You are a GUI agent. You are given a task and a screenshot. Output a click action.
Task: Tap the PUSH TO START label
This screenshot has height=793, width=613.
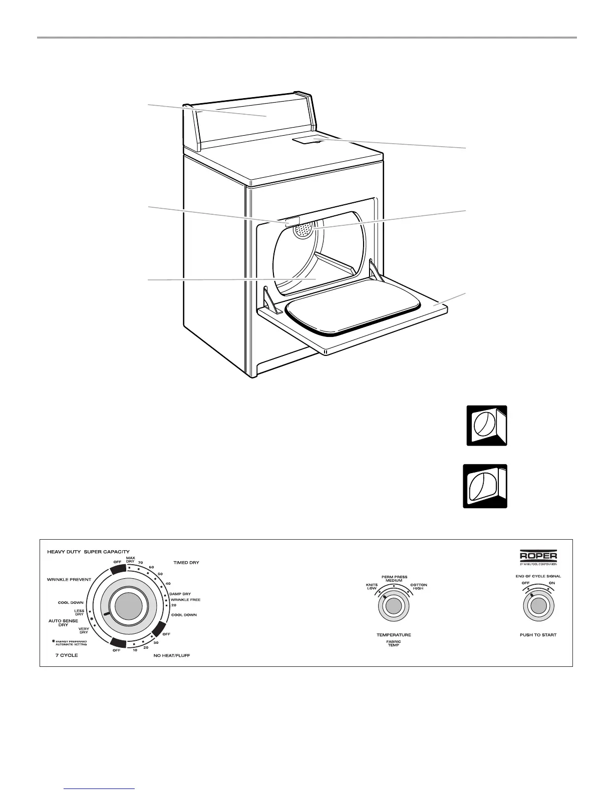click(x=538, y=635)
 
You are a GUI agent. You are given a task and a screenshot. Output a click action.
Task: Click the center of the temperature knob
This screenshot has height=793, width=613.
click(x=394, y=606)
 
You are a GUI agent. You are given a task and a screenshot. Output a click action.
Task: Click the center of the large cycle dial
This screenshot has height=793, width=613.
click(x=129, y=608)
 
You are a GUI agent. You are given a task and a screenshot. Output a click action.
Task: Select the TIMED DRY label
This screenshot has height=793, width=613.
click(x=186, y=563)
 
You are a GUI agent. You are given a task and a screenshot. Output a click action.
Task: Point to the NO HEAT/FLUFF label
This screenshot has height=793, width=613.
click(x=172, y=655)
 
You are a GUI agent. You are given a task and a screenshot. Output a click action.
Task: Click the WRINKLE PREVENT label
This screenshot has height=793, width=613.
click(x=69, y=579)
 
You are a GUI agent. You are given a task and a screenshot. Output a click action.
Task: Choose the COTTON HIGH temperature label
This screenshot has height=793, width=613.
click(x=418, y=586)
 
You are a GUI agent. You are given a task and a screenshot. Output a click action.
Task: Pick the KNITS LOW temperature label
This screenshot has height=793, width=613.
click(x=372, y=586)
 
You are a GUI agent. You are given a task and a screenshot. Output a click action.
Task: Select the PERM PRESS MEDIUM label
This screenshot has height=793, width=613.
click(x=394, y=579)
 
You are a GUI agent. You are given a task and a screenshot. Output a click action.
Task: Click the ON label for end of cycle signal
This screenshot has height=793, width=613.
click(x=552, y=583)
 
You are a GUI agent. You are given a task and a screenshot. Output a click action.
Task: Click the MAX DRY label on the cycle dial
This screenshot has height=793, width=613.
click(x=130, y=560)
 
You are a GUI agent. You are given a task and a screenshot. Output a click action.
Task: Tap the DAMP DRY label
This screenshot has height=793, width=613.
click(x=180, y=594)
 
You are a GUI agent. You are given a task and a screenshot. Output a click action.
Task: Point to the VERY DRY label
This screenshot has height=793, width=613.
click(x=84, y=630)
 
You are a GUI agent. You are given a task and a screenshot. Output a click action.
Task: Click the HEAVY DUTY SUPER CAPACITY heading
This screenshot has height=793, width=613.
click(x=88, y=552)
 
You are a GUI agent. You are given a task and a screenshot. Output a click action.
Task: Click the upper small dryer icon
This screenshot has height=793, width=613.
click(x=487, y=426)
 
